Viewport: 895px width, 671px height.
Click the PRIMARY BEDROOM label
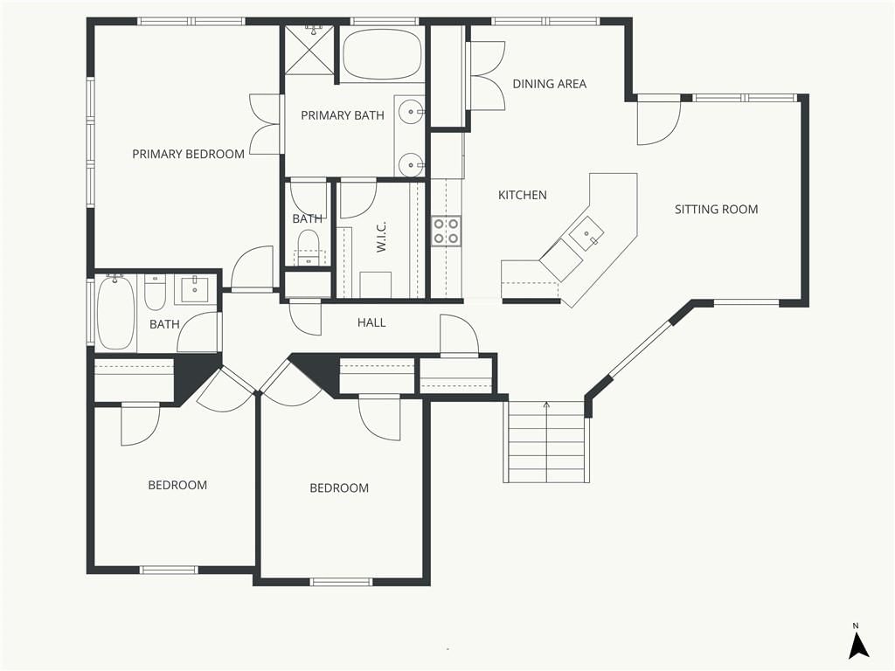[189, 154]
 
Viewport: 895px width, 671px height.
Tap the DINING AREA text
[549, 84]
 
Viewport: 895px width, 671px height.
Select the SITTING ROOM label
[717, 210]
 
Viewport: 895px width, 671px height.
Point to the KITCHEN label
[523, 195]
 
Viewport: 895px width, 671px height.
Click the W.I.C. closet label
[381, 236]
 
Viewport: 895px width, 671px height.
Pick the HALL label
[371, 323]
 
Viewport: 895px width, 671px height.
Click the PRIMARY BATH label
[343, 116]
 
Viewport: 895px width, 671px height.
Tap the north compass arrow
[858, 645]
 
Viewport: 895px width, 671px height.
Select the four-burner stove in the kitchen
[446, 231]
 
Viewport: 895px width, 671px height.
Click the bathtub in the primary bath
[383, 54]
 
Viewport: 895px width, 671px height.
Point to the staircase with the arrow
[546, 441]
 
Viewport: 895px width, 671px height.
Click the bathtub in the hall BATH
[116, 312]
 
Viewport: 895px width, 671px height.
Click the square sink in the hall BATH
[196, 289]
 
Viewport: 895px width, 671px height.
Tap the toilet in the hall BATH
[155, 292]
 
